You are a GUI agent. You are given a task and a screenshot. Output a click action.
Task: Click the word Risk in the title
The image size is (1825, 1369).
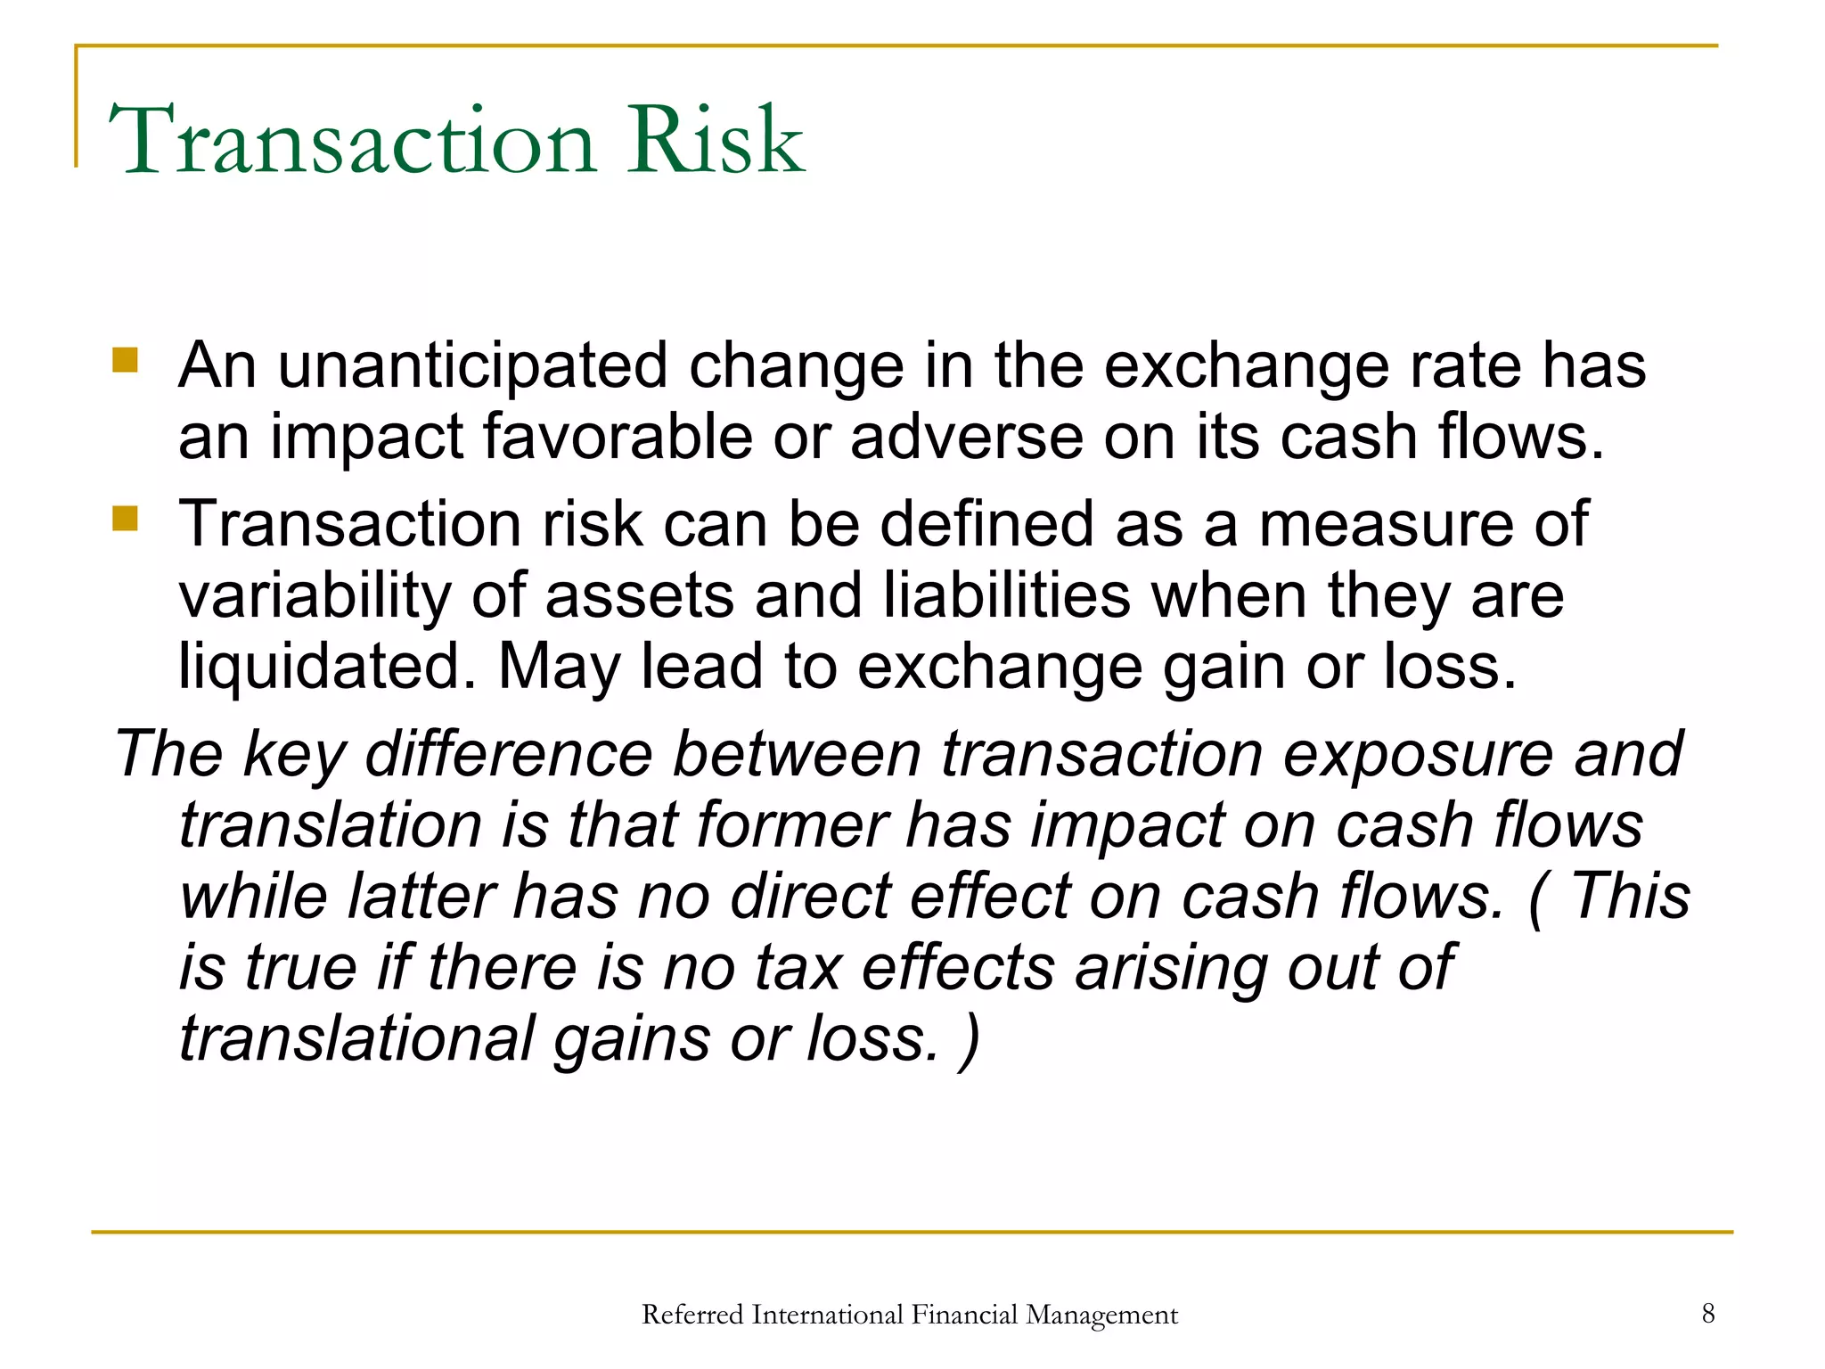tap(716, 141)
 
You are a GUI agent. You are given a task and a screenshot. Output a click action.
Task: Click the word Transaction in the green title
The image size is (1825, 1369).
tap(351, 141)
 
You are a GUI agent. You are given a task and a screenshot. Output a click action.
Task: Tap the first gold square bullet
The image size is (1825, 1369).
tap(126, 360)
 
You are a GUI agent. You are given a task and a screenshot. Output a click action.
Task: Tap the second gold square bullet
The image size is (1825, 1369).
tap(126, 518)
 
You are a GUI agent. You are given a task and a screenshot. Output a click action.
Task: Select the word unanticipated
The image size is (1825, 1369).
tap(472, 366)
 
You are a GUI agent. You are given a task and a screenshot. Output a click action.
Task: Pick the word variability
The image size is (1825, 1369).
tap(315, 596)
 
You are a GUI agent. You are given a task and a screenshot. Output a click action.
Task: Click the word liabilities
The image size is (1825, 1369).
tap(1007, 596)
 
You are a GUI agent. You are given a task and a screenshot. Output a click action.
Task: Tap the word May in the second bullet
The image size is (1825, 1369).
tap(558, 668)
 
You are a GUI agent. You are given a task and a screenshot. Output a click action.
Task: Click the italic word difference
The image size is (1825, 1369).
tap(509, 754)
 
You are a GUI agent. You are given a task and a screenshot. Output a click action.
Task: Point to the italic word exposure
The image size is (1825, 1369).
tap(1419, 754)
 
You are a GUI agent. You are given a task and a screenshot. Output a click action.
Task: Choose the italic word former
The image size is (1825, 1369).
tap(792, 825)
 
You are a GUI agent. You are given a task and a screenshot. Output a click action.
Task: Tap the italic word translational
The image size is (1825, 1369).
tap(356, 1039)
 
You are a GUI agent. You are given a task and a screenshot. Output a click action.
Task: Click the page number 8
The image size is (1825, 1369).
tap(1707, 1313)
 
